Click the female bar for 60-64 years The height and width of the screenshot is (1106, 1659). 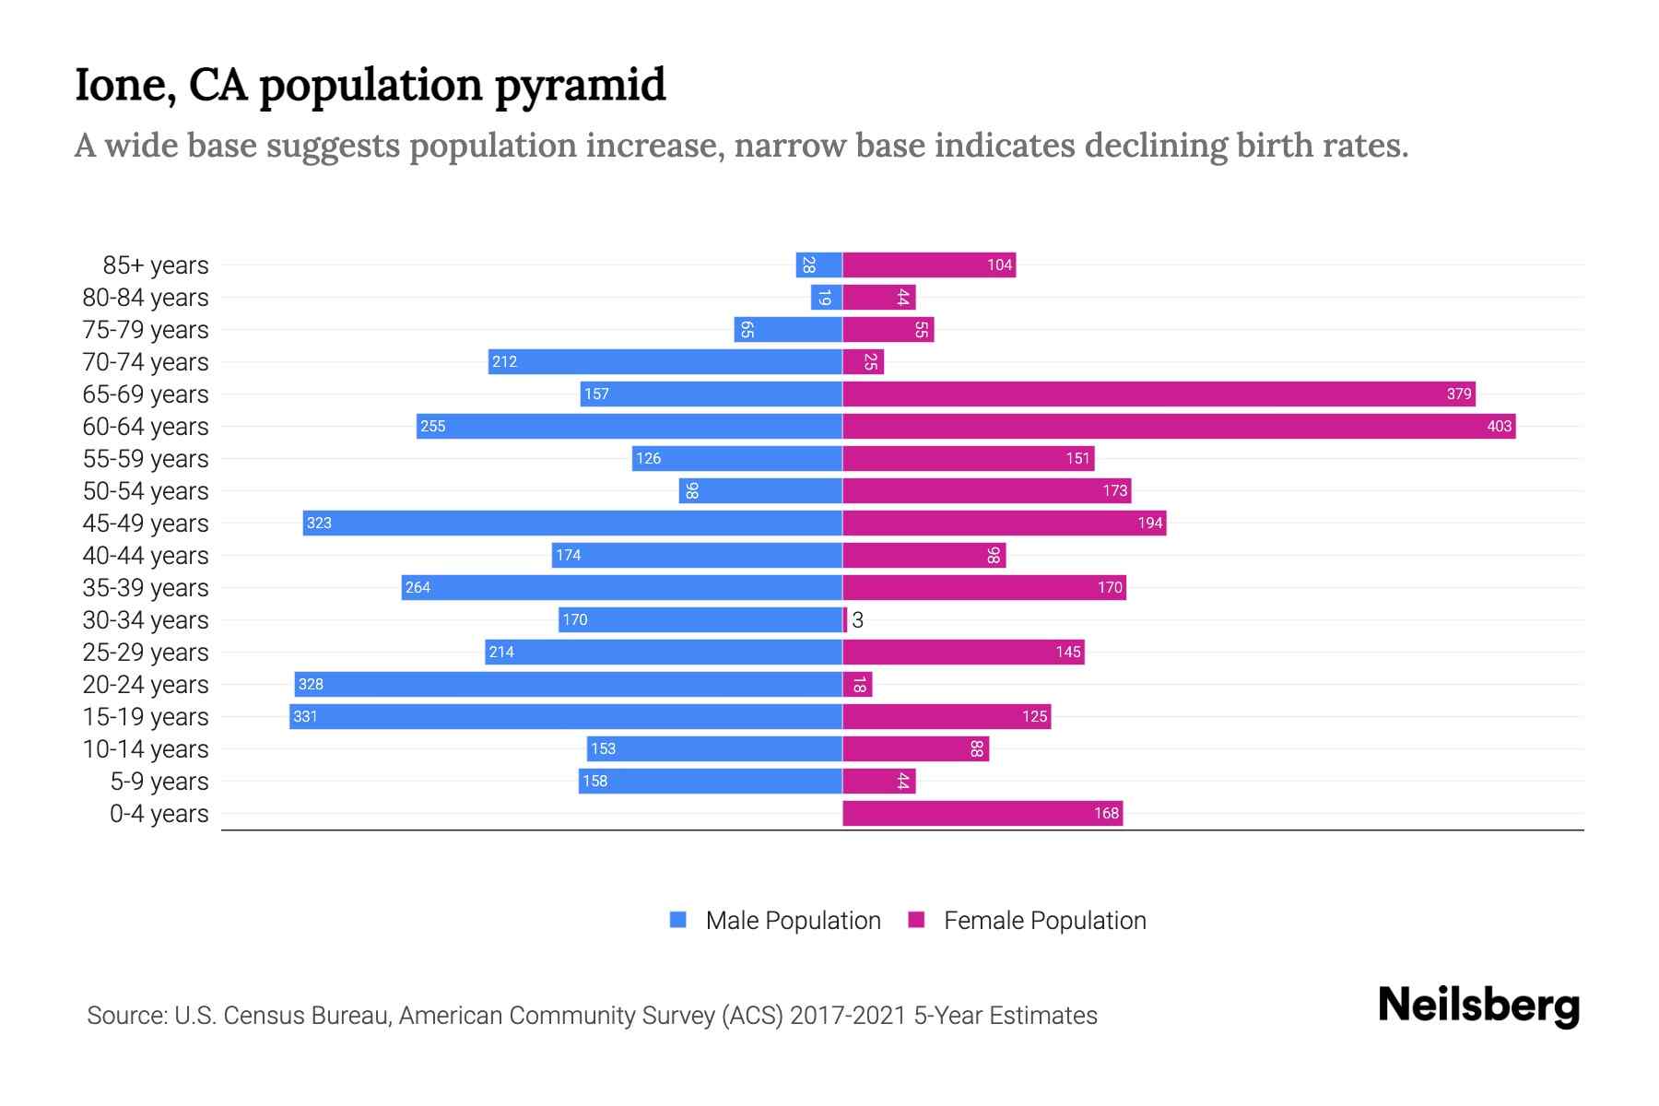click(x=1179, y=426)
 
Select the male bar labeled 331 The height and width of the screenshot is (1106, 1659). click(x=566, y=716)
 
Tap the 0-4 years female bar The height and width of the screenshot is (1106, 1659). click(x=982, y=813)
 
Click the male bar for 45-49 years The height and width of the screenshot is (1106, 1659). click(x=572, y=523)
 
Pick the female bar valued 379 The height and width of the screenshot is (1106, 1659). click(x=1159, y=394)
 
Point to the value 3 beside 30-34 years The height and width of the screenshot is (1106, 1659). click(x=858, y=620)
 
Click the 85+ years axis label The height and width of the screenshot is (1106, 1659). click(x=156, y=265)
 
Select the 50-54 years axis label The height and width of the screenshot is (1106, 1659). click(x=146, y=491)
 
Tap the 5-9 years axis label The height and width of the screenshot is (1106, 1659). click(x=159, y=782)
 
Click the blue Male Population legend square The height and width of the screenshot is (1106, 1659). click(x=678, y=920)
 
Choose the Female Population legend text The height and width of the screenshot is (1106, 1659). click(x=1044, y=921)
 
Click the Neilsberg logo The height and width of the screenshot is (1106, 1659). click(x=1478, y=1006)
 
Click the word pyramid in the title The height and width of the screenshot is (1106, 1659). click(x=580, y=86)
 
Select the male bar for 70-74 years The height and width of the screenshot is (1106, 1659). click(x=665, y=361)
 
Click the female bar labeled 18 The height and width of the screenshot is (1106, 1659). click(x=857, y=684)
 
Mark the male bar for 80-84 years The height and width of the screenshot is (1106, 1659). click(x=827, y=297)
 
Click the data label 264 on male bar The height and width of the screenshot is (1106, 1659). click(x=418, y=588)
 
